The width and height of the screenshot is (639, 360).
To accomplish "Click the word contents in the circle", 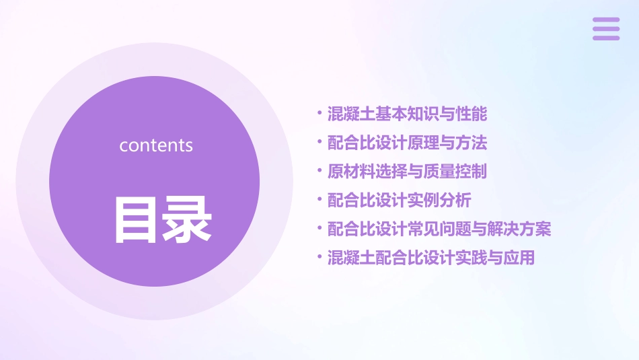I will [x=156, y=145].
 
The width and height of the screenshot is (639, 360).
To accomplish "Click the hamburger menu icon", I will [x=606, y=29].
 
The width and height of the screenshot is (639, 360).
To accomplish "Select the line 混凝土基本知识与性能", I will [x=407, y=114].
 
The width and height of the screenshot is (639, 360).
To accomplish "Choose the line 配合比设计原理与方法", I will [x=407, y=143].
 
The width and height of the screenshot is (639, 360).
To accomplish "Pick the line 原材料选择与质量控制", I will [x=407, y=172].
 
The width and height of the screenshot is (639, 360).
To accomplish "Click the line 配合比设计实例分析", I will [x=399, y=201].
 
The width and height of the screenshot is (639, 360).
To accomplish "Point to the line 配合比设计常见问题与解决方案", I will [x=439, y=229].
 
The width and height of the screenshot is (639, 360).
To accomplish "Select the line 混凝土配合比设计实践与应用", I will [x=431, y=258].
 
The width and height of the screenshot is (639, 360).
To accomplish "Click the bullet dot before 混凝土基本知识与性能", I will [x=319, y=112].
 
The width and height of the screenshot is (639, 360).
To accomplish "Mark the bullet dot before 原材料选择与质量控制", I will [x=319, y=170].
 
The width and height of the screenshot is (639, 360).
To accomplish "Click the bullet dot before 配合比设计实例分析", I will [x=319, y=199].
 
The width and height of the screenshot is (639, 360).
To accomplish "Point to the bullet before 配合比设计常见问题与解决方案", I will [x=319, y=228].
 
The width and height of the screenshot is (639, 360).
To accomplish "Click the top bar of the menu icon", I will [x=606, y=20].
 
